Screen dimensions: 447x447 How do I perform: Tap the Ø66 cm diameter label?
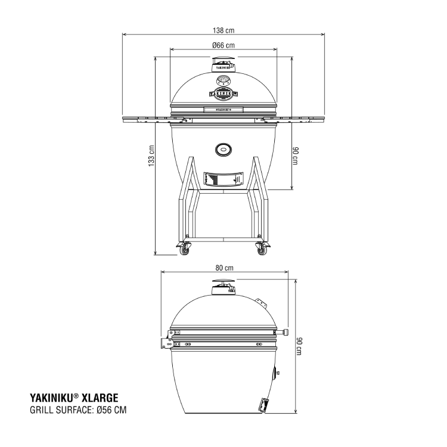tap(223, 45)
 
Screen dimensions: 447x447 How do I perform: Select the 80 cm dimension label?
tap(223, 268)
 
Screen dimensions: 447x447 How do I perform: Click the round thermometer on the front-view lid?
tap(223, 80)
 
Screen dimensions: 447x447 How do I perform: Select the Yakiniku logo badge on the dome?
tap(223, 93)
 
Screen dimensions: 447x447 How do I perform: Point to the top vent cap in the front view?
tap(223, 64)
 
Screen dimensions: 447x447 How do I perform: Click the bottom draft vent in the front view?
tap(223, 179)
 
